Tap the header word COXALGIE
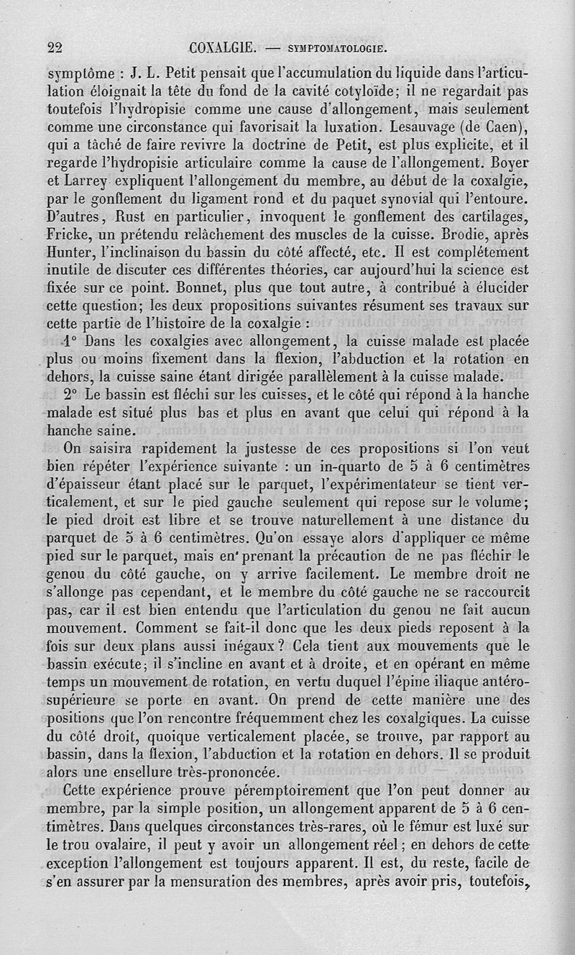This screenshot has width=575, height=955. [222, 49]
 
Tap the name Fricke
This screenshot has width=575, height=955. [65, 234]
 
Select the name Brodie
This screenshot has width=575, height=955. [453, 233]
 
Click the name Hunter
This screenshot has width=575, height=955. [66, 252]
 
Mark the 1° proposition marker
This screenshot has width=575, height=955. [70, 342]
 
